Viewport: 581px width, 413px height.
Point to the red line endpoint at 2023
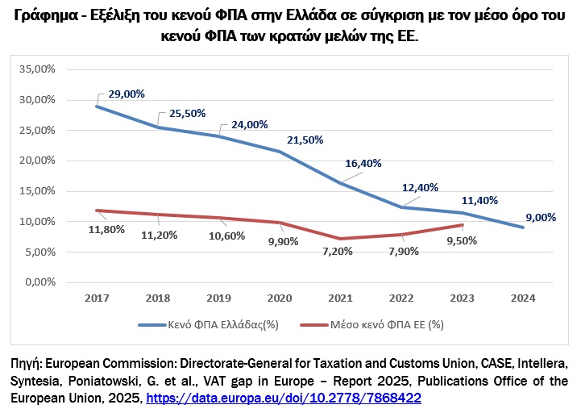pyautogui.click(x=463, y=225)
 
